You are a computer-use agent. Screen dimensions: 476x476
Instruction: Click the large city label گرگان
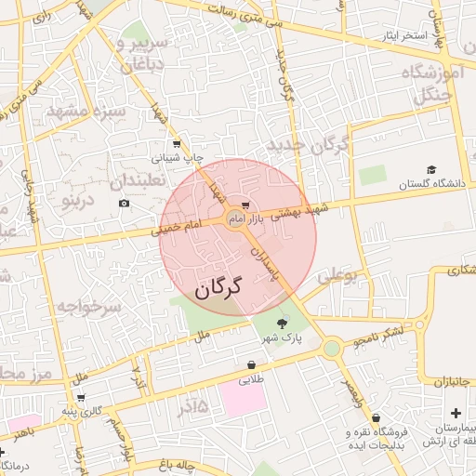[x=218, y=288]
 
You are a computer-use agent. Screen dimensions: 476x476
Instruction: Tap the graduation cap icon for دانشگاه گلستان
[x=431, y=169]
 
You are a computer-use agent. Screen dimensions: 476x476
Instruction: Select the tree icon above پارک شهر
[x=282, y=324]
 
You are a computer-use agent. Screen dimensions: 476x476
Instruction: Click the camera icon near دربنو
[x=125, y=204]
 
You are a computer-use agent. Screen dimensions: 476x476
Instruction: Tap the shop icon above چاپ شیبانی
[x=177, y=145]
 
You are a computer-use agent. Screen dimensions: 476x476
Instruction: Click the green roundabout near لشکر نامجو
[x=332, y=349]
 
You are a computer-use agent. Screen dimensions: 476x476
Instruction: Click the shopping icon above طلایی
[x=252, y=365]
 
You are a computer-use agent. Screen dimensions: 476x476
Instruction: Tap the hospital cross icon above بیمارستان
[x=455, y=412]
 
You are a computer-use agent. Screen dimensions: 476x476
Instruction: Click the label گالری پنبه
[x=81, y=410]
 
